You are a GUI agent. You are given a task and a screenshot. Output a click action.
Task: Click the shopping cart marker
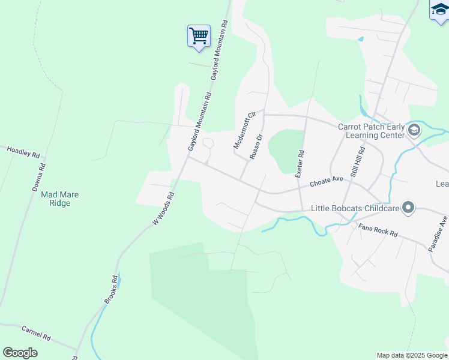[x=199, y=35]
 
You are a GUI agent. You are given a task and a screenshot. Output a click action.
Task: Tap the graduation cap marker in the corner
[x=439, y=10]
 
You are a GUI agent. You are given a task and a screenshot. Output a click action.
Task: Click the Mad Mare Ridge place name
[x=60, y=199]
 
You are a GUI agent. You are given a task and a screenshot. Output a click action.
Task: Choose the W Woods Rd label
[x=163, y=208]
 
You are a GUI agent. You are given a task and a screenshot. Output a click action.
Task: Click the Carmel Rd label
[x=36, y=332]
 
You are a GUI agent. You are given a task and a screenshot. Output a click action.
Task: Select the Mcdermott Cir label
[x=245, y=130]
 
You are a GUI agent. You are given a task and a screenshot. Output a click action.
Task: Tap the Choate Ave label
[x=326, y=181]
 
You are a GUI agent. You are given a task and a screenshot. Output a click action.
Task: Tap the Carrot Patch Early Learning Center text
[x=371, y=131]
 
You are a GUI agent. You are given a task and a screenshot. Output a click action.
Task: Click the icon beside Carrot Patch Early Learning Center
[x=414, y=130]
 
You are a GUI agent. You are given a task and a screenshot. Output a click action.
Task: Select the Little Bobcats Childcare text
[x=355, y=209]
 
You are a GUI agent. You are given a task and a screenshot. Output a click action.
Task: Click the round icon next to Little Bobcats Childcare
[x=408, y=208]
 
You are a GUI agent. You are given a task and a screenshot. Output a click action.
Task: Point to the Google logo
[x=20, y=353]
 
